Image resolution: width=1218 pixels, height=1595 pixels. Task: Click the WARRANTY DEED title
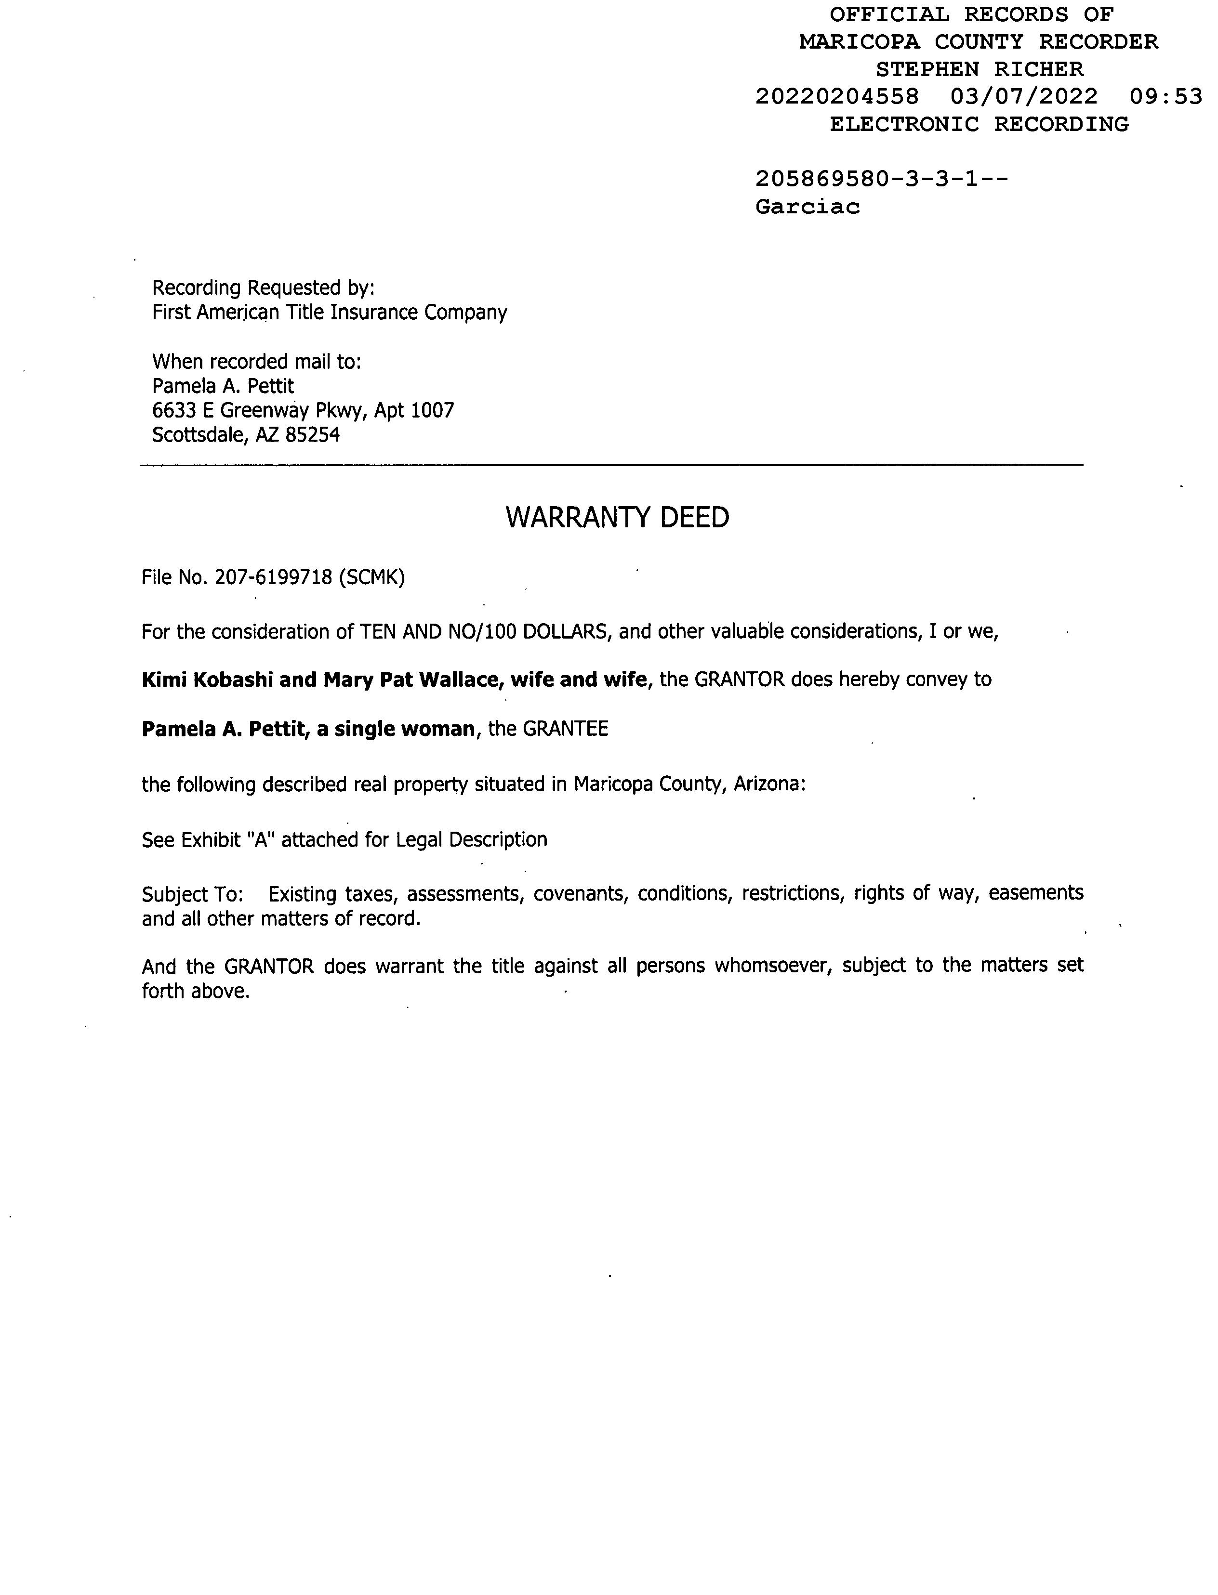617,517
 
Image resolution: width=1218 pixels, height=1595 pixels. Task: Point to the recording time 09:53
1165,96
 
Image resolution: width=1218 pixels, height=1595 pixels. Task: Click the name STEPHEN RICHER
979,69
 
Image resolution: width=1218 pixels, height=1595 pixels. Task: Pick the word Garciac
808,207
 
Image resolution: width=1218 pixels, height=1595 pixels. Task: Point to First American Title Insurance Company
329,313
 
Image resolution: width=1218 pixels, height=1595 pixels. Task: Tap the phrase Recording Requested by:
263,288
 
